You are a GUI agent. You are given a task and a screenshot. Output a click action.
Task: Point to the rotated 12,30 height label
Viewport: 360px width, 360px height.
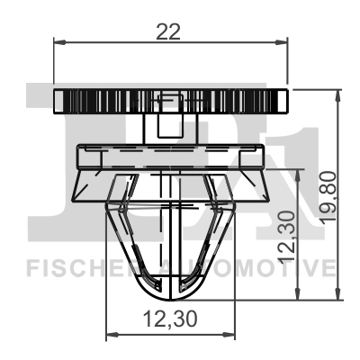pos(286,236)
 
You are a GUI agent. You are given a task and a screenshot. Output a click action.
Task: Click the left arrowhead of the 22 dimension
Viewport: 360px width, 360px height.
pos(59,41)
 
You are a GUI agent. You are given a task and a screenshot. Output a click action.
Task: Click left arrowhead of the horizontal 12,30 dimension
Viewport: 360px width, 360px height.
pos(112,335)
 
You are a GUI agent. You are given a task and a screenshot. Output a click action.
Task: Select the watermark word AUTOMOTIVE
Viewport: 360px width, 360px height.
pos(261,267)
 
